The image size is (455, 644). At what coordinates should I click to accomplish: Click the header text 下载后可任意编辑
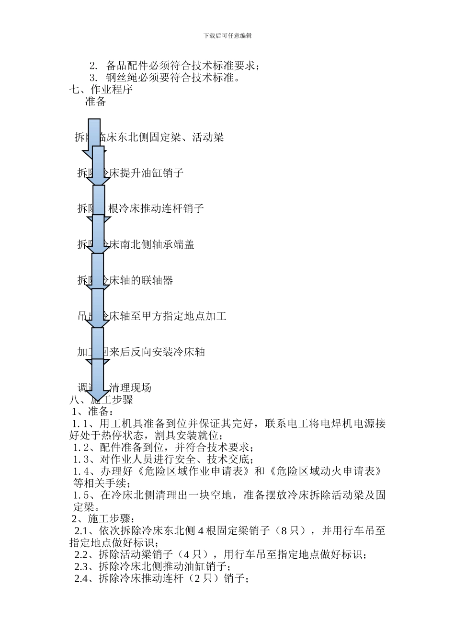(x=227, y=35)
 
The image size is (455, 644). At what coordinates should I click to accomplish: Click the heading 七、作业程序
(x=101, y=89)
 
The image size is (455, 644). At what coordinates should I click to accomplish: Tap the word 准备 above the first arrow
(x=96, y=102)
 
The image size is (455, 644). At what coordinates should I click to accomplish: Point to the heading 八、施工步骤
(x=101, y=400)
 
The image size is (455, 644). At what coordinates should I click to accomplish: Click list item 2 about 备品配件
(x=175, y=66)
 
